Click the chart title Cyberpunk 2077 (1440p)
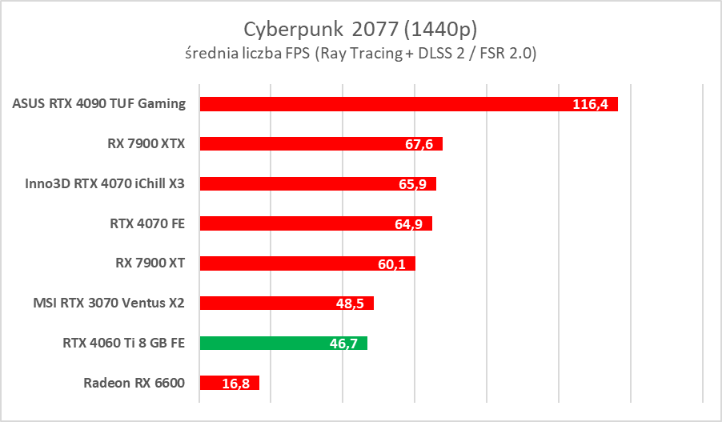click(x=360, y=29)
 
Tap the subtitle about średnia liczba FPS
click(x=360, y=54)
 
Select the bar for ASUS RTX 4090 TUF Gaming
click(x=384, y=103)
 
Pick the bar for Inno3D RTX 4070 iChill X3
click(x=296, y=183)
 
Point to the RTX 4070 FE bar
click(x=296, y=223)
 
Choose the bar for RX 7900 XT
click(x=288, y=263)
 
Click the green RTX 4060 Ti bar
click(x=264, y=344)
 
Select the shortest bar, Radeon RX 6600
click(x=216, y=384)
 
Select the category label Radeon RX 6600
click(x=134, y=383)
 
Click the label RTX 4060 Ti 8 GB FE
click(x=123, y=343)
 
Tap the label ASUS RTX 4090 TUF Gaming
click(x=99, y=103)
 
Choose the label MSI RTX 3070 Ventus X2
click(x=109, y=303)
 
